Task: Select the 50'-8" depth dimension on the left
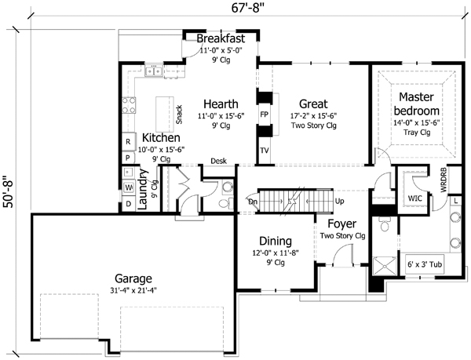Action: click(x=9, y=182)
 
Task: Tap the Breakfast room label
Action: click(x=221, y=38)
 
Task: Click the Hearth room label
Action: click(x=216, y=104)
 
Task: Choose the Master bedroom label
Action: click(x=414, y=100)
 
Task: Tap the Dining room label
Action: click(x=275, y=241)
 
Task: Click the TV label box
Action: click(x=264, y=151)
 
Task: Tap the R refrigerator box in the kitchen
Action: click(x=128, y=142)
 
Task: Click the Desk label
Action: click(x=219, y=162)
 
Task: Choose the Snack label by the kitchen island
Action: click(x=180, y=115)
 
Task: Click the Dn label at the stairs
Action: click(x=253, y=201)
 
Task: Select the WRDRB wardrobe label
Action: click(x=443, y=180)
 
